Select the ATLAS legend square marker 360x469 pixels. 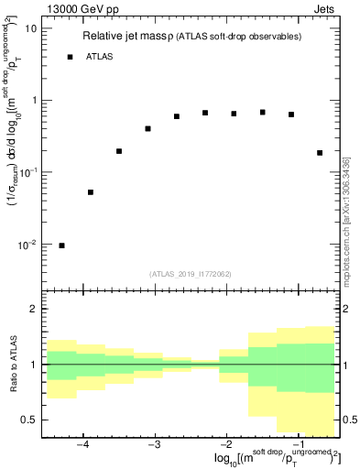click(70, 57)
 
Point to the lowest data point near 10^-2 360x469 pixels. click(62, 245)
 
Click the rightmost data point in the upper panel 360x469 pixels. click(320, 153)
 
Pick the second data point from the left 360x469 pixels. click(91, 192)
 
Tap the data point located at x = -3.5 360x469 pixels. click(119, 151)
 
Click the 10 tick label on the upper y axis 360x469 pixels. click(30, 28)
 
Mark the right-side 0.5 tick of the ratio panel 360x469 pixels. click(348, 420)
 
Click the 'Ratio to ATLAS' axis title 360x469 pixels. click(12, 365)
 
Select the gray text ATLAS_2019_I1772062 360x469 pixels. click(191, 274)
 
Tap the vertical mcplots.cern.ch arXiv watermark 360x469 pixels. click(346, 220)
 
